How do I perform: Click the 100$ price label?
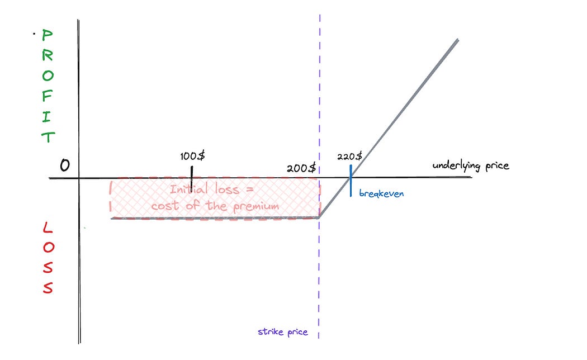193,156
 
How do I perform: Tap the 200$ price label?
301,168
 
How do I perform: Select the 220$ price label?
350,156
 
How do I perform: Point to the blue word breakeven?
381,193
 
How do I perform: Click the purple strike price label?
282,331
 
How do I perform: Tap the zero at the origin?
65,165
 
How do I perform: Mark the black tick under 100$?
192,178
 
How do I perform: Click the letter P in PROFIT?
48,36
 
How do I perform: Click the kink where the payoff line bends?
319,217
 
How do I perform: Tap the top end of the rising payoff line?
457,40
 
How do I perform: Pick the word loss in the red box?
227,190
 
